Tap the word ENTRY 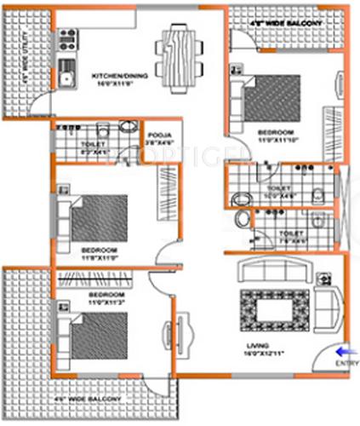coord(347,364)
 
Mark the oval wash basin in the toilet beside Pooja coord(127,128)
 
